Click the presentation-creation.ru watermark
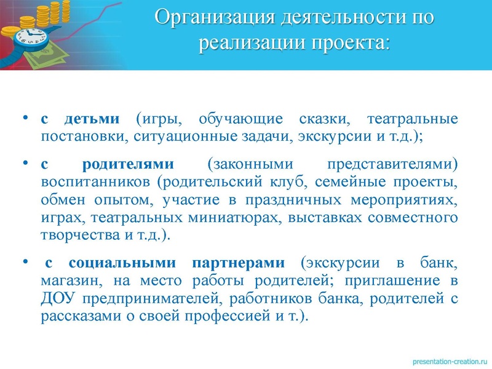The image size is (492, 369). click(x=445, y=359)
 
